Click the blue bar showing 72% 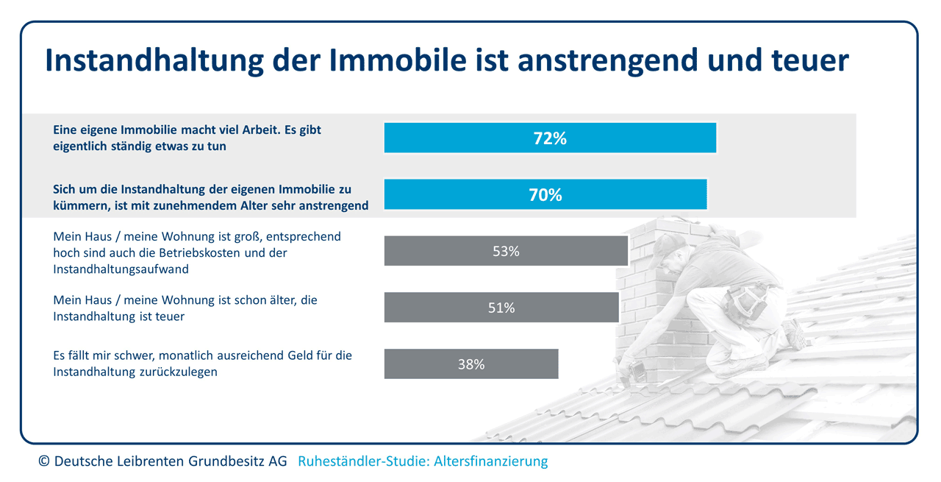click(x=550, y=138)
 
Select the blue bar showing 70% click(x=545, y=194)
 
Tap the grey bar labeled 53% click(x=506, y=251)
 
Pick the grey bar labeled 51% click(x=501, y=308)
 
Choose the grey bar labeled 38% click(x=471, y=364)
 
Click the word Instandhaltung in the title click(x=154, y=61)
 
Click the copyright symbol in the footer click(x=43, y=461)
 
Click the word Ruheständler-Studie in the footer click(x=364, y=461)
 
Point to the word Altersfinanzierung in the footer click(x=491, y=461)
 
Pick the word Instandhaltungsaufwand click(x=121, y=269)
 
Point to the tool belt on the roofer click(x=745, y=301)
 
